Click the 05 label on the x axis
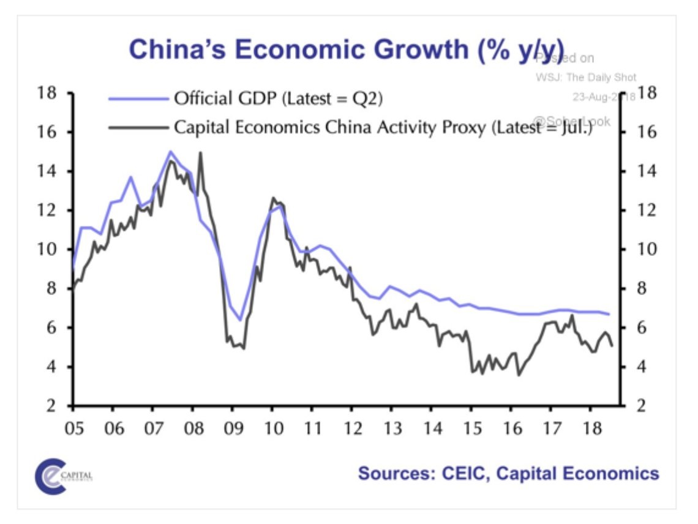[73, 426]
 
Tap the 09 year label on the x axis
[232, 426]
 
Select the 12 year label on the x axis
[351, 426]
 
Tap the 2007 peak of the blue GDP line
[170, 151]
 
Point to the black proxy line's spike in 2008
[200, 153]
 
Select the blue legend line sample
[138, 98]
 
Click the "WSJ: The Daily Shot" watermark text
[586, 77]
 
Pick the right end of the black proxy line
[612, 346]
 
